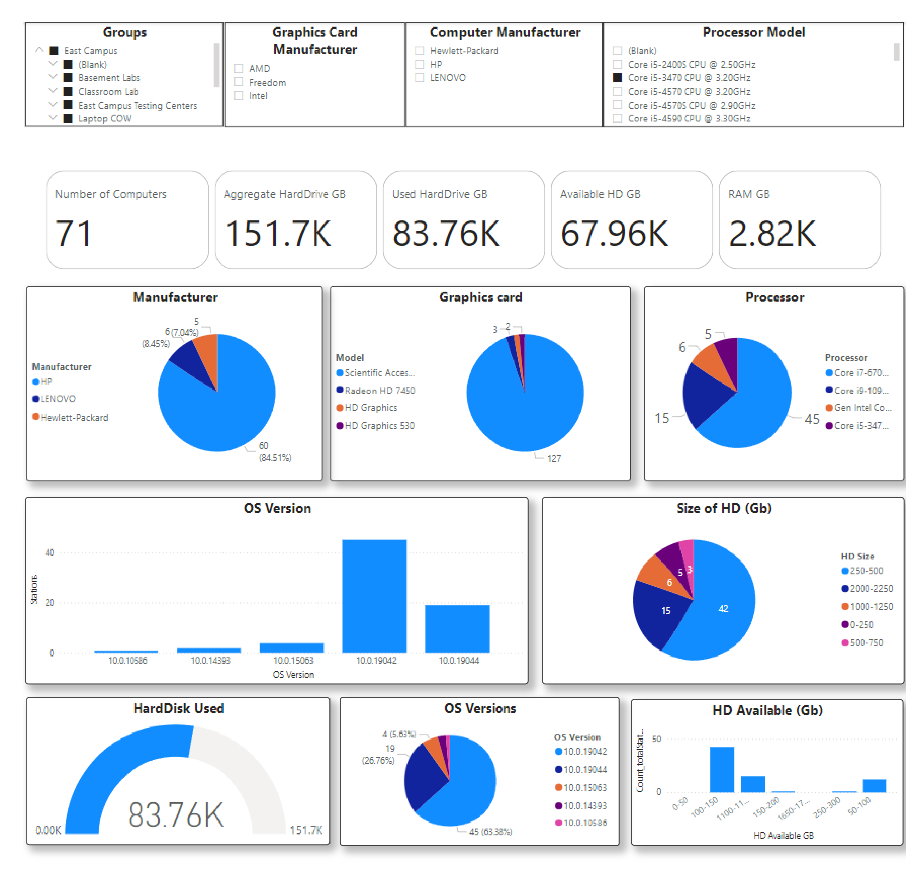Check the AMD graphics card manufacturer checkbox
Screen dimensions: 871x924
tap(239, 69)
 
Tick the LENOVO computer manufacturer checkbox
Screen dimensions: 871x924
tap(420, 78)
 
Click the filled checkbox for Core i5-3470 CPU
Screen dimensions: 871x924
tap(618, 78)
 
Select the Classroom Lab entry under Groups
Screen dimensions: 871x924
tap(108, 92)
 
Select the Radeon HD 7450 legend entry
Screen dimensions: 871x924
tap(380, 391)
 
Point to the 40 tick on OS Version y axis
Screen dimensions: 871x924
tap(50, 552)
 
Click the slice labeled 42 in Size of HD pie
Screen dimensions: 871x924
tap(723, 609)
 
